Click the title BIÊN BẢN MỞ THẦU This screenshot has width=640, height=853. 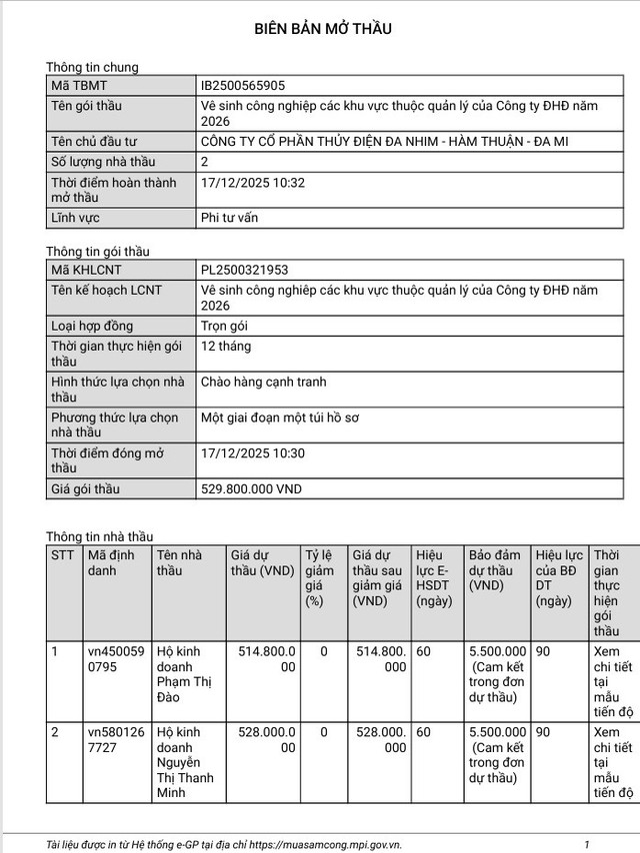tap(320, 28)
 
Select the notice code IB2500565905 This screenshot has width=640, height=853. tap(249, 87)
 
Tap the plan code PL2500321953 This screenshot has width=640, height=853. tap(250, 270)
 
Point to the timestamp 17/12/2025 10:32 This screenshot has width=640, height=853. tap(253, 183)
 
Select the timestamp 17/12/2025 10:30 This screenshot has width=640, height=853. tap(253, 452)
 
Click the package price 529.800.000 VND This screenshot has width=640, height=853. tap(251, 489)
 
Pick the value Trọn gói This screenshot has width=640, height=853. tap(224, 326)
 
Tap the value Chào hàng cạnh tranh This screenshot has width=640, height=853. tap(264, 382)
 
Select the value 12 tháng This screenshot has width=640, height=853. tap(226, 347)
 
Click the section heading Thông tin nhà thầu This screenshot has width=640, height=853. tap(100, 536)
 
